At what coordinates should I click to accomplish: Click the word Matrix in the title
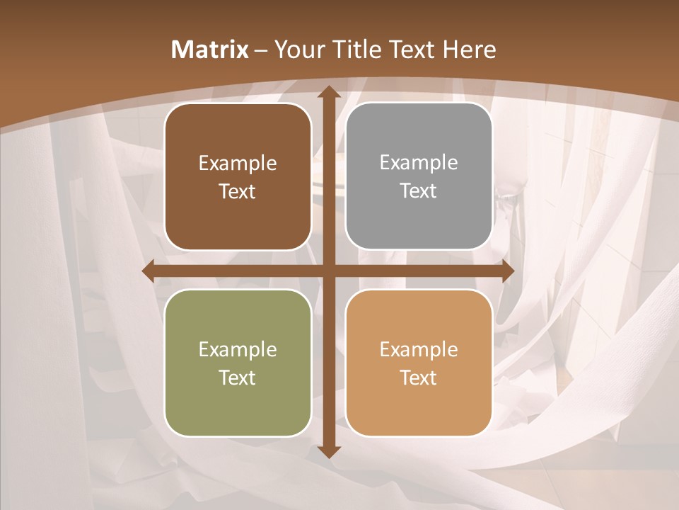pyautogui.click(x=210, y=50)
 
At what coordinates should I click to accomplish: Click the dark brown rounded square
pyautogui.click(x=238, y=176)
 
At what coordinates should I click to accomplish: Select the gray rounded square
pyautogui.click(x=419, y=176)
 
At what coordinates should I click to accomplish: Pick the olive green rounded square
pyautogui.click(x=238, y=363)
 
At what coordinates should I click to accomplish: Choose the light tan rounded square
pyautogui.click(x=419, y=363)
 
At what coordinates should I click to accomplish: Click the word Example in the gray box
pyautogui.click(x=419, y=163)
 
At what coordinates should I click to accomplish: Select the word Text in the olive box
pyautogui.click(x=237, y=378)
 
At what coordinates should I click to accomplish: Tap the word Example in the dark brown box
pyautogui.click(x=238, y=164)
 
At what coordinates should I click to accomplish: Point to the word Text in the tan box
pyautogui.click(x=418, y=378)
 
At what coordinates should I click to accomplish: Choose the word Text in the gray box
pyautogui.click(x=418, y=191)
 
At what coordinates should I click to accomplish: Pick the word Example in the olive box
pyautogui.click(x=238, y=350)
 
